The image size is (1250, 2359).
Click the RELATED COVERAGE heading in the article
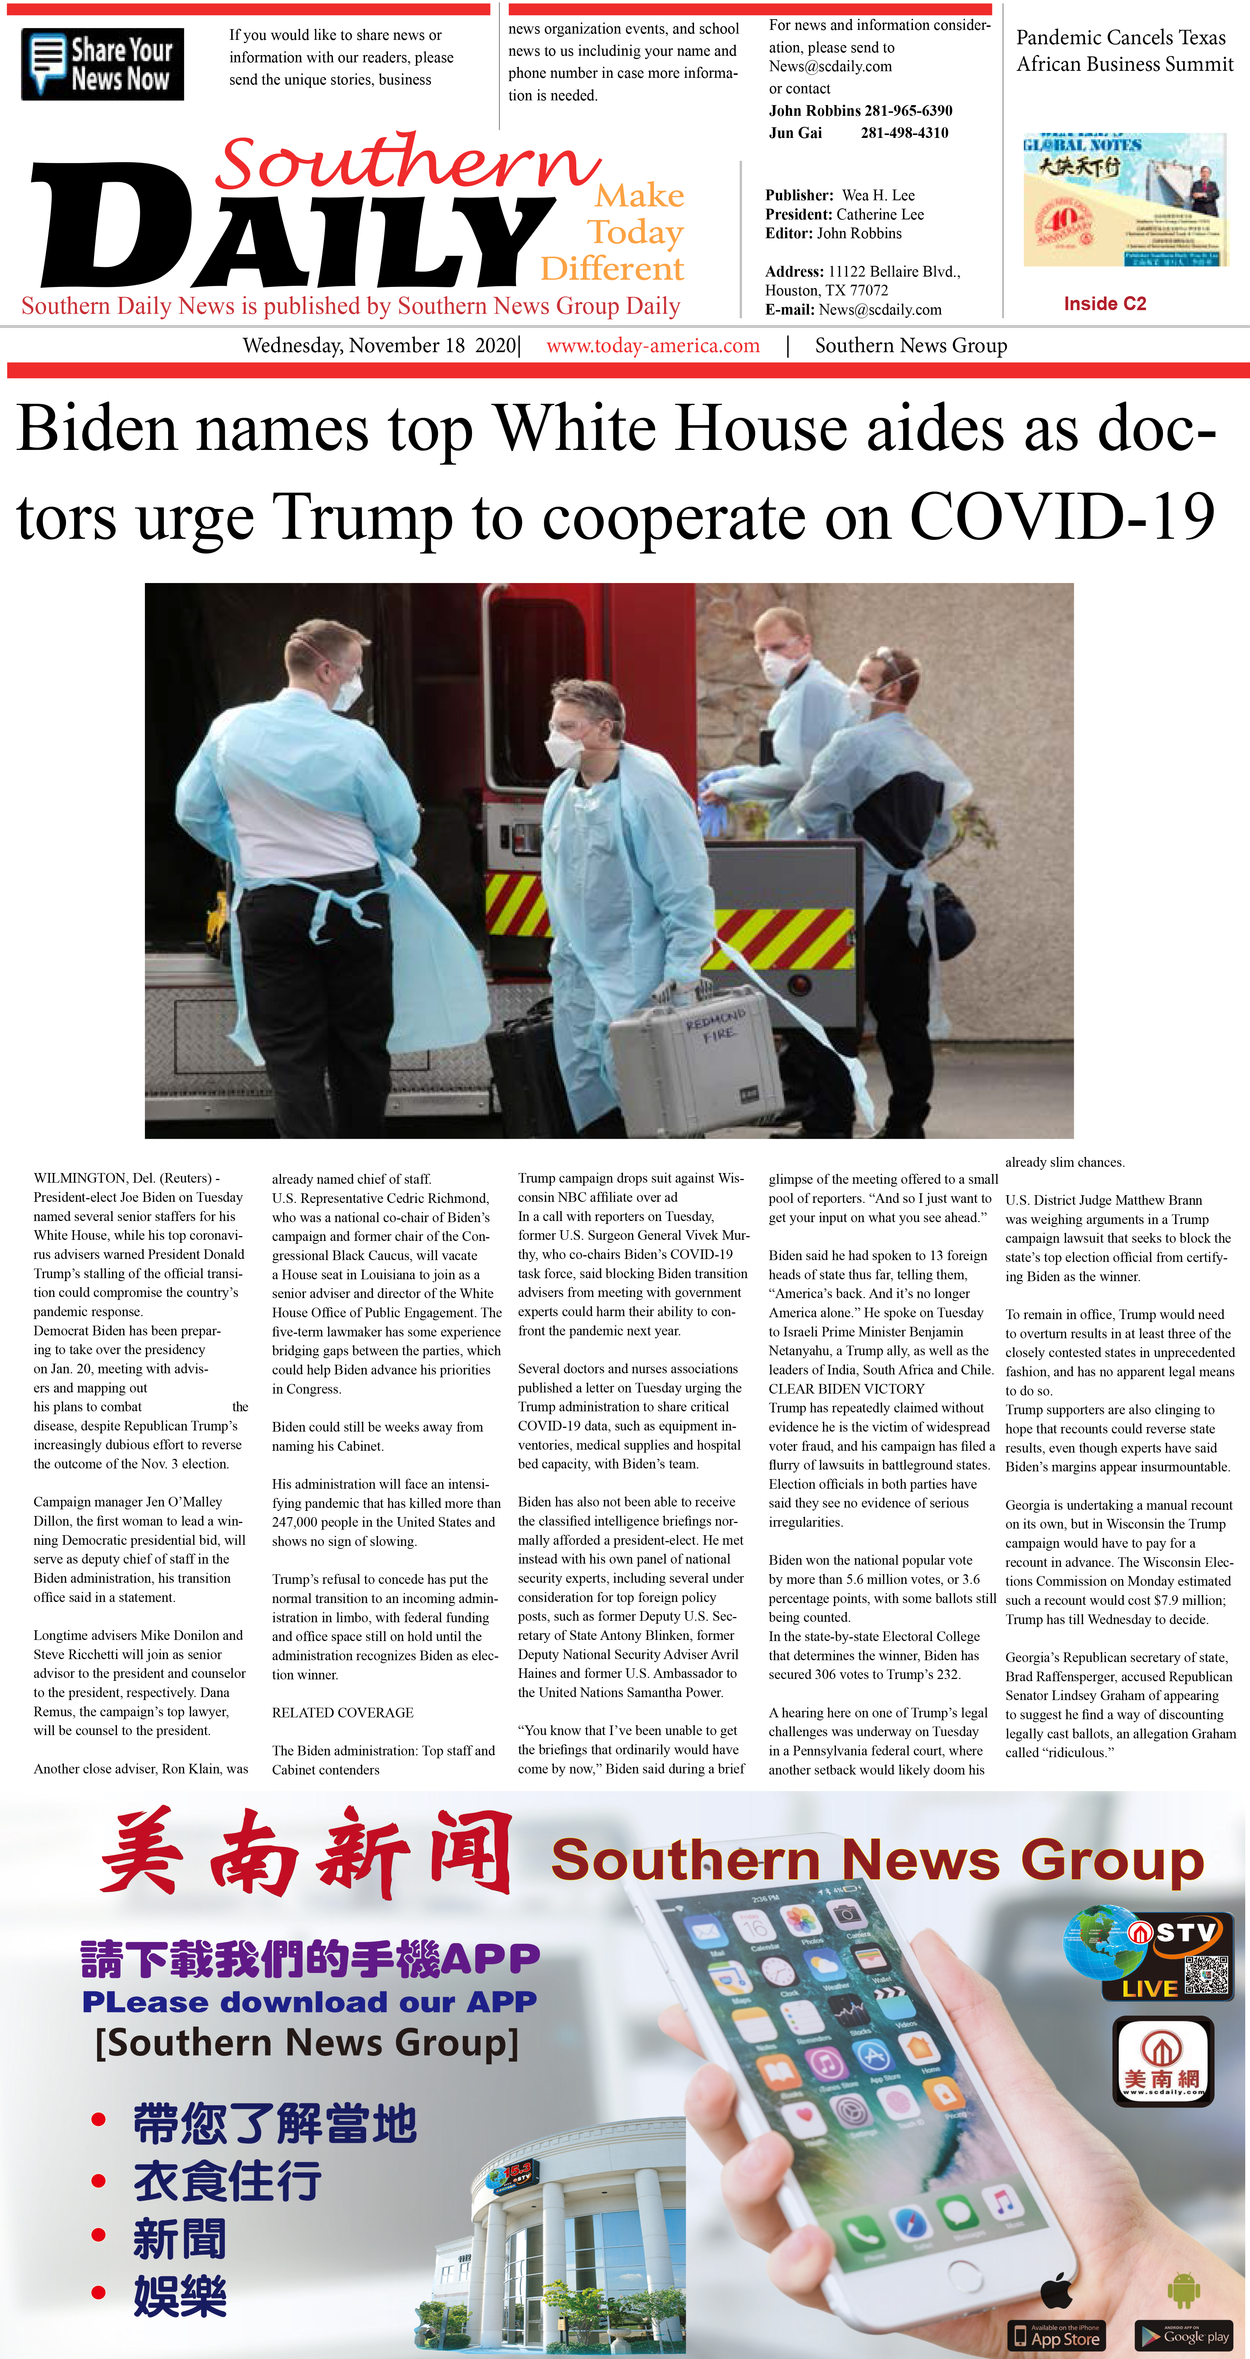343,1713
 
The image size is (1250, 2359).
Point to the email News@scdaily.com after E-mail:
880,309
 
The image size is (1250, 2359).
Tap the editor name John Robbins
859,233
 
